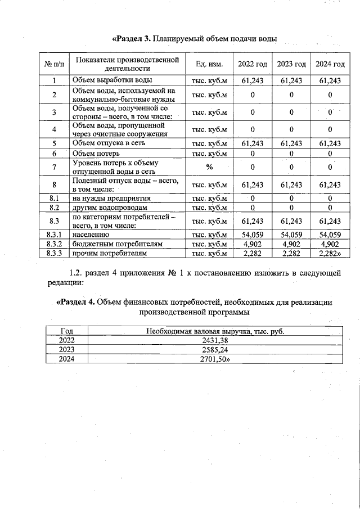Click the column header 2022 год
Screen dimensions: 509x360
(x=253, y=65)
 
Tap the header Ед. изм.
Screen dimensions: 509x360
(x=209, y=65)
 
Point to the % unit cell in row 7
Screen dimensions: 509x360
(x=209, y=167)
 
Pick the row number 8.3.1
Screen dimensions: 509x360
(x=55, y=234)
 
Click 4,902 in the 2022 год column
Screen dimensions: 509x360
(x=253, y=244)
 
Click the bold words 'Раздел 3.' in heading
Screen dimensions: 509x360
(x=133, y=39)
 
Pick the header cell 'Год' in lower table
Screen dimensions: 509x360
(x=66, y=331)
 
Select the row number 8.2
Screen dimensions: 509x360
(x=55, y=207)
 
